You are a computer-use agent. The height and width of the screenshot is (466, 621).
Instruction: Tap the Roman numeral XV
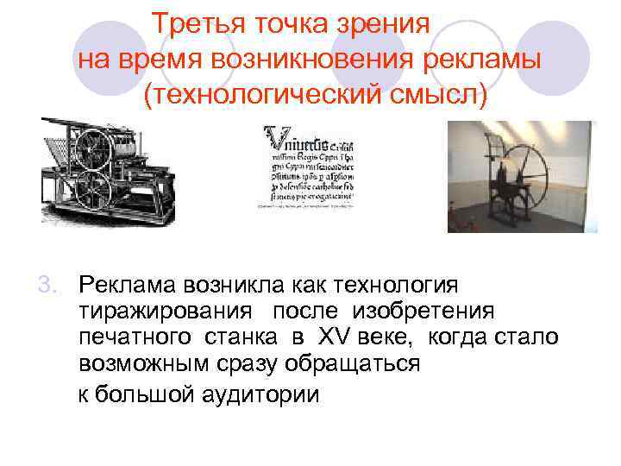(x=334, y=337)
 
